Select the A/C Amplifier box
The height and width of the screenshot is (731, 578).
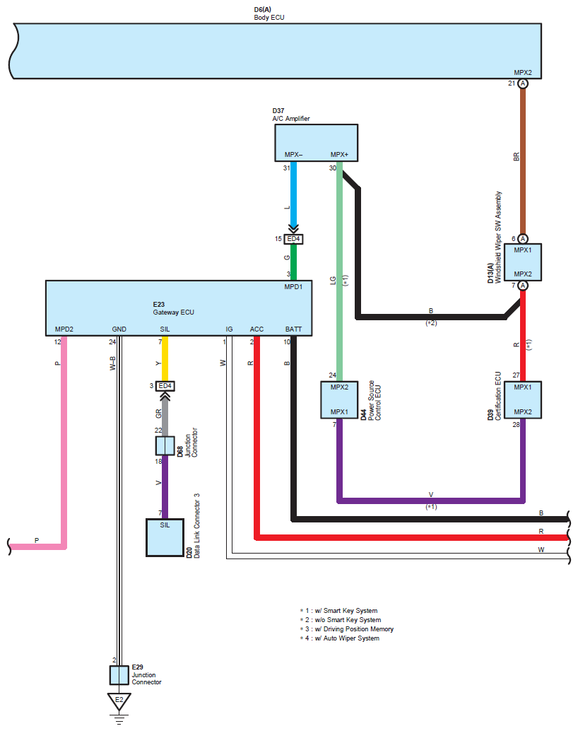point(316,143)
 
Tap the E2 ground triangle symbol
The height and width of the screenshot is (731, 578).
point(119,701)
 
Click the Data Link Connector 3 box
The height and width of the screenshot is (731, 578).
point(165,537)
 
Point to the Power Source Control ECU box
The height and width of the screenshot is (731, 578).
point(338,399)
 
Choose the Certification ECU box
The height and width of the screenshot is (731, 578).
point(522,399)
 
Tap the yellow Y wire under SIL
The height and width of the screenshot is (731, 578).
point(165,361)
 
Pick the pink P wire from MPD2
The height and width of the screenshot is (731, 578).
point(64,438)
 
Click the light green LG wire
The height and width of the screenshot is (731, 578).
point(339,283)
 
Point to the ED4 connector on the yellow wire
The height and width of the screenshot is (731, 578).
point(165,385)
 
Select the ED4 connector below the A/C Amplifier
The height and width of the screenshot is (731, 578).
point(293,239)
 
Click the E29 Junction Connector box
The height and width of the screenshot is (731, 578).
point(119,675)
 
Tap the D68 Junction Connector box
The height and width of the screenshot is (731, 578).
point(165,445)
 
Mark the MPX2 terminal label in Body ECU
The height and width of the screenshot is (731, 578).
point(523,72)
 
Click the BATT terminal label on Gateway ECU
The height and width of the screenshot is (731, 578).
point(293,329)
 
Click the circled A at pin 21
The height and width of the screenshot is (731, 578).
point(523,83)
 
